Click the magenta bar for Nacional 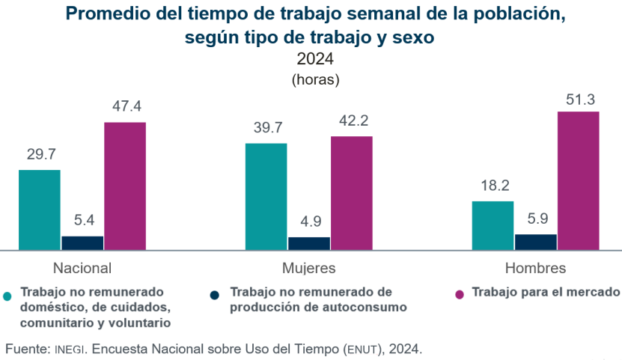tap(124, 185)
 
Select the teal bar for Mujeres tap(266, 195)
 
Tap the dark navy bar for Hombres tap(535, 241)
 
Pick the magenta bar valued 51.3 tap(578, 180)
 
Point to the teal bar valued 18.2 tap(493, 225)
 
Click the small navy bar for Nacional tap(82, 242)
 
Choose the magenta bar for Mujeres tap(351, 192)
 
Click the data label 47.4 tap(126, 106)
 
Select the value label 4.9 tap(309, 222)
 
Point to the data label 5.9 tap(536, 219)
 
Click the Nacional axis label tap(82, 268)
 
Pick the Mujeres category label tap(308, 268)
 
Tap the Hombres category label tap(535, 268)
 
